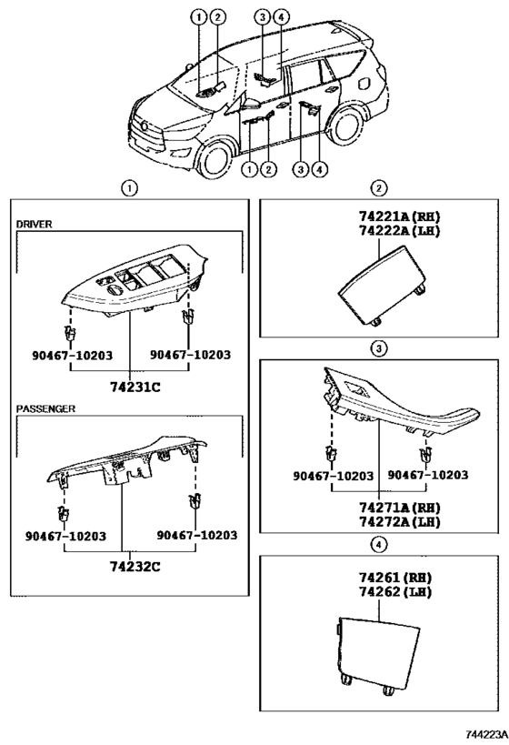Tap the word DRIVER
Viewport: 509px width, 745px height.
click(35, 223)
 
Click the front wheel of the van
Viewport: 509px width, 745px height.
click(214, 156)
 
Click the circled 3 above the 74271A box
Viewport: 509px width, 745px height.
click(379, 347)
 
